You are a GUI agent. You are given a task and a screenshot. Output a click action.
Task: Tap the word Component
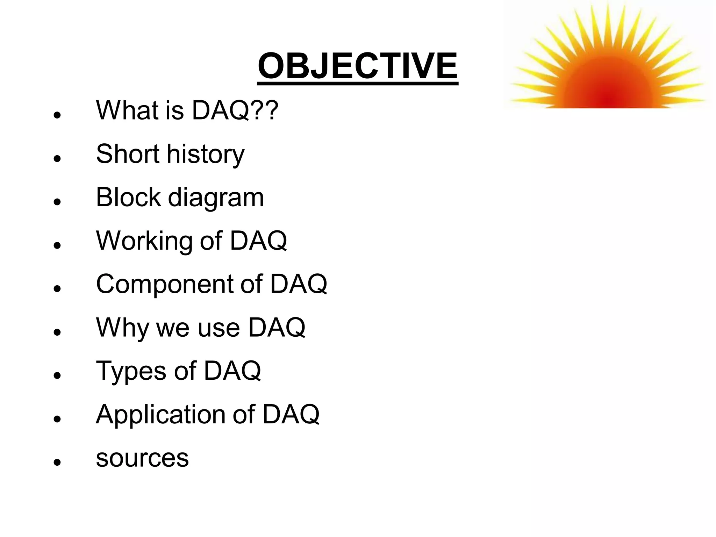[164, 285]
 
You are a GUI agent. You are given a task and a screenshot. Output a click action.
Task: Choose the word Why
[122, 328]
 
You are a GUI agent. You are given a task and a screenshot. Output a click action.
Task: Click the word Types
[131, 371]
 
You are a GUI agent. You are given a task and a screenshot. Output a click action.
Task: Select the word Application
[161, 415]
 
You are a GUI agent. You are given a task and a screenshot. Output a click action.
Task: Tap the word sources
[142, 458]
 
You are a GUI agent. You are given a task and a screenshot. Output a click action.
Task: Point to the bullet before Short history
[57, 159]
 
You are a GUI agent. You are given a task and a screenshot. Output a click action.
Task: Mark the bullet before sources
[57, 462]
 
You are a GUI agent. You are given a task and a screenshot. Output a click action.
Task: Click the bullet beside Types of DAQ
[57, 375]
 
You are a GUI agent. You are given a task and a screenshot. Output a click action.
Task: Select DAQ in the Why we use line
[277, 328]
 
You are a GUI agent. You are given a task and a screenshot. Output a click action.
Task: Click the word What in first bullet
[127, 110]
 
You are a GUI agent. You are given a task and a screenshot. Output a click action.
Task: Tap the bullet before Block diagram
[57, 202]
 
